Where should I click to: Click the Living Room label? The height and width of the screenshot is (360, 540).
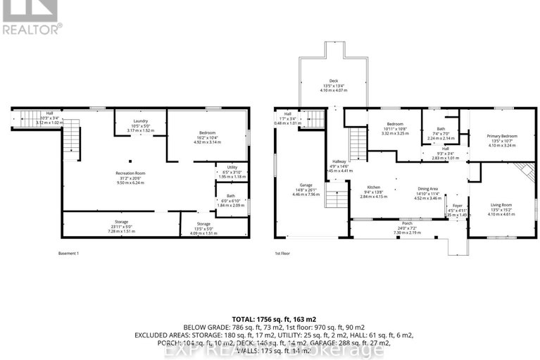coord(502,204)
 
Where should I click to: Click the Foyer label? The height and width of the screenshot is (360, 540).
coord(456,206)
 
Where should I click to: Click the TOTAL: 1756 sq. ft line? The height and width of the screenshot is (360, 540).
coord(270,318)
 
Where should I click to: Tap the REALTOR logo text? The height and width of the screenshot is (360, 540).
coord(32,29)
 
